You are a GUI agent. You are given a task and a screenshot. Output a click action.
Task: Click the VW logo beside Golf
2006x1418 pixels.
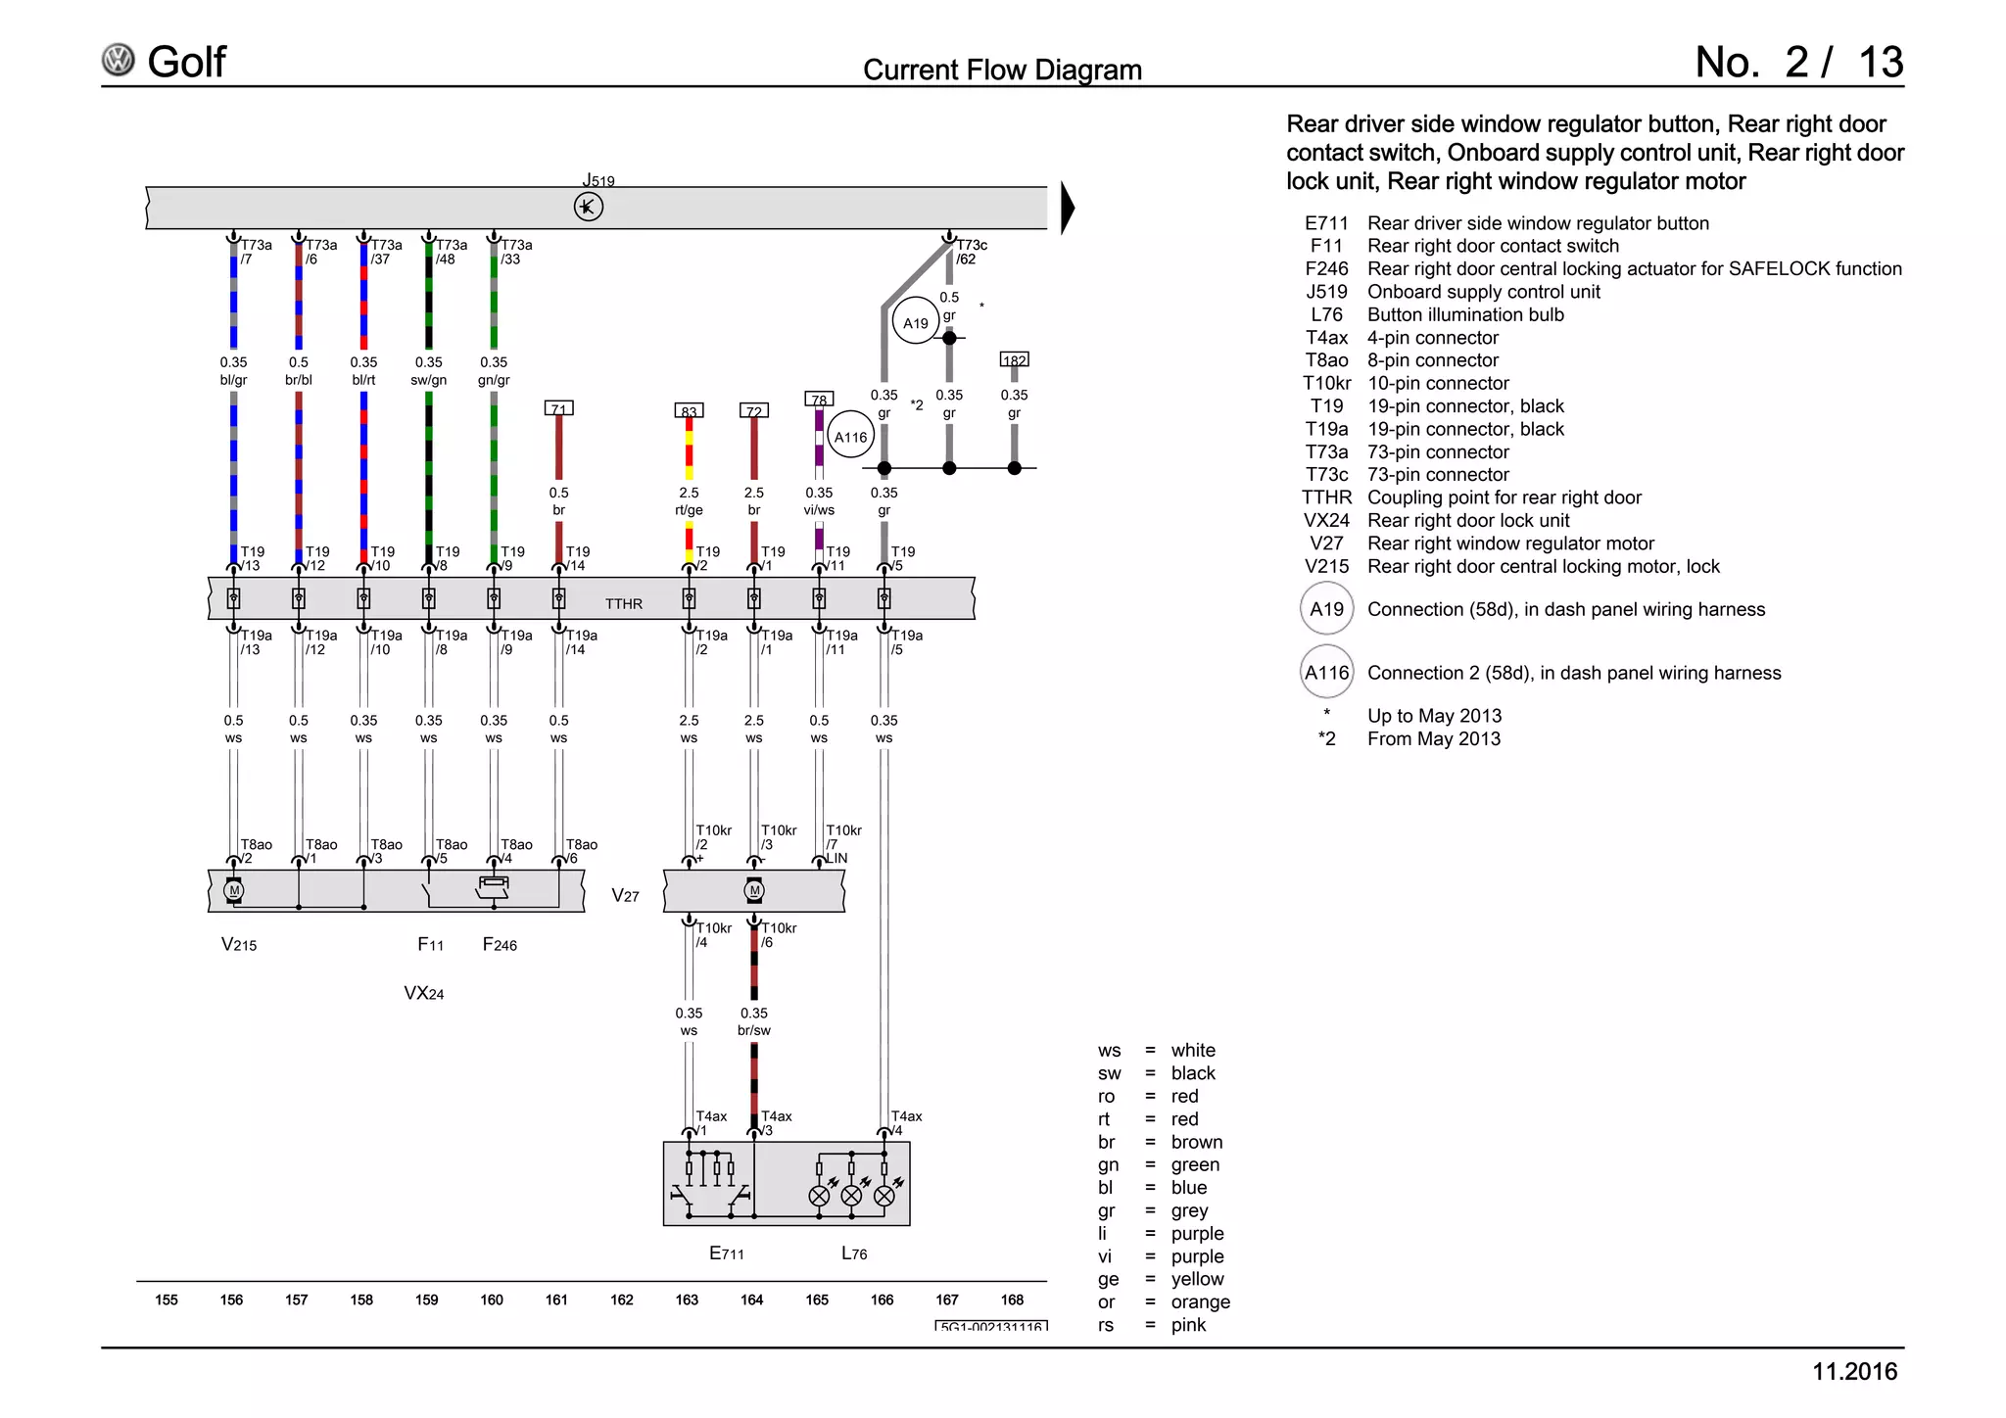[x=119, y=61]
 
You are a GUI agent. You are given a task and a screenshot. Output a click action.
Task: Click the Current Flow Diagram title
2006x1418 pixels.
[x=1002, y=70]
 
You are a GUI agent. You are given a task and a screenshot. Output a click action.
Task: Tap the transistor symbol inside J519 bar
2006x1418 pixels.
[x=588, y=207]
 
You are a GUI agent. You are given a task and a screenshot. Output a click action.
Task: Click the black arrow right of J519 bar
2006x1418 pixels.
[x=1068, y=208]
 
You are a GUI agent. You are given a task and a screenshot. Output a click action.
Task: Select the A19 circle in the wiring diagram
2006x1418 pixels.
[x=916, y=322]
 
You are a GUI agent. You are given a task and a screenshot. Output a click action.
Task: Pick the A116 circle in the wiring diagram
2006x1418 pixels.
[x=850, y=437]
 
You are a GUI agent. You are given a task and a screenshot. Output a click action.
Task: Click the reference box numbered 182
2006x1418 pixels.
[x=1014, y=360]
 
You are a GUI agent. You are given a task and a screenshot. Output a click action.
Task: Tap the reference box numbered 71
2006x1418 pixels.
[x=558, y=408]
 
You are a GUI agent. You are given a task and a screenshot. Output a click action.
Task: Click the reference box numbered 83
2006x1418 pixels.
[x=689, y=411]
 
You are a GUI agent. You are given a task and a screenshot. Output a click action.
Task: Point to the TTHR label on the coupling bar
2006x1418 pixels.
[x=624, y=603]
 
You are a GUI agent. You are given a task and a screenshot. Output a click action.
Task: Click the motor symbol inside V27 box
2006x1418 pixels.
[x=754, y=890]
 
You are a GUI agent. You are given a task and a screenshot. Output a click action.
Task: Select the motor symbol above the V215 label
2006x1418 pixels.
[x=233, y=890]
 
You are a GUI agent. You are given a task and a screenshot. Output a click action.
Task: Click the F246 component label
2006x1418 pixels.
[x=500, y=944]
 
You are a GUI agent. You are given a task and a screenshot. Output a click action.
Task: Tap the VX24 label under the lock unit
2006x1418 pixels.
[x=424, y=993]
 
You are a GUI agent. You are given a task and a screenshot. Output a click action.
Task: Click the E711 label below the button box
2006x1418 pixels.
[x=727, y=1253]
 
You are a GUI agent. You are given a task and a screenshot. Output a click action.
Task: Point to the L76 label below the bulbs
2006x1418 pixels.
[x=854, y=1253]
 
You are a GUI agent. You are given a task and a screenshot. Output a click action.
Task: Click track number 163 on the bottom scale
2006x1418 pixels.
[x=687, y=1300]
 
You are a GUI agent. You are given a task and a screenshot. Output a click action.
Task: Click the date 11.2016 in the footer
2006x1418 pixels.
[x=1854, y=1371]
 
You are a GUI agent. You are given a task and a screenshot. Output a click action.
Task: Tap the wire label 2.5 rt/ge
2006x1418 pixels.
[x=689, y=501]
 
